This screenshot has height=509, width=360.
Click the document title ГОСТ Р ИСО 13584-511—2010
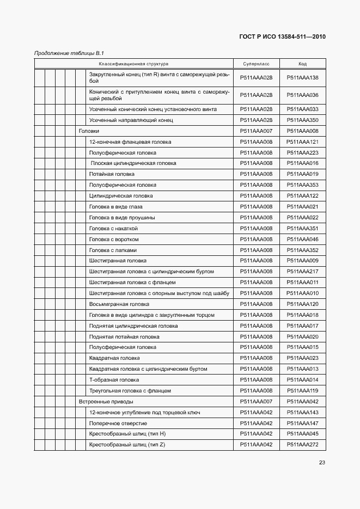(x=282, y=37)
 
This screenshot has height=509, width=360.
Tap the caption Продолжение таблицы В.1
(x=69, y=53)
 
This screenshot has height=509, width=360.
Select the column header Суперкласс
(x=256, y=64)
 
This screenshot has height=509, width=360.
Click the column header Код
(x=302, y=64)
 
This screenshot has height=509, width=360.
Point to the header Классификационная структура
(x=133, y=64)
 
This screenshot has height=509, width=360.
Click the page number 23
(x=322, y=463)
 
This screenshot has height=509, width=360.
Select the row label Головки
(x=89, y=131)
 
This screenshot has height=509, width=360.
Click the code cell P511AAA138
(x=302, y=77)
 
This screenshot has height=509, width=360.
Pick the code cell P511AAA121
(x=302, y=142)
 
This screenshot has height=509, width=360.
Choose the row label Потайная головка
(x=112, y=174)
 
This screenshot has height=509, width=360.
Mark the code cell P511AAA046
(x=302, y=240)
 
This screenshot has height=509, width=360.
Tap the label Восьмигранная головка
(x=119, y=304)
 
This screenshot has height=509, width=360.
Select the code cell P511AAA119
(x=302, y=391)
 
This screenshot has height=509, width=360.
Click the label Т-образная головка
(x=114, y=380)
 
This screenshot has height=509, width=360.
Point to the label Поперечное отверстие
(x=118, y=424)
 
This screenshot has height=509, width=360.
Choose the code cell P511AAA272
(x=302, y=445)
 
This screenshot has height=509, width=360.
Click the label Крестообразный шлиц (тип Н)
(x=127, y=434)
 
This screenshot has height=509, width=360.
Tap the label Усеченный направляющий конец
(x=131, y=120)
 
